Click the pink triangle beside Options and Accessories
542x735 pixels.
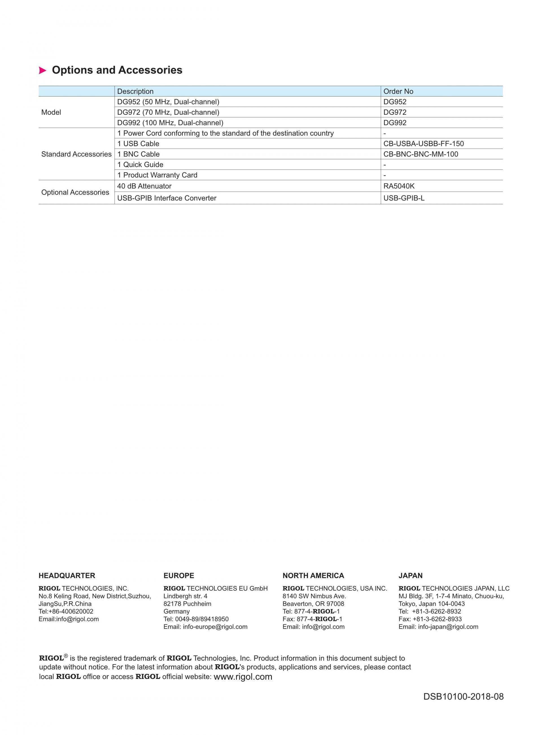42,71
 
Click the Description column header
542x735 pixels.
135,91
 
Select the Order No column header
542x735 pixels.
398,91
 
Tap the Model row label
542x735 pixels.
51,113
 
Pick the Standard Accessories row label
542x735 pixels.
76,154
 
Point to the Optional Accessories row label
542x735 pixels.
75,192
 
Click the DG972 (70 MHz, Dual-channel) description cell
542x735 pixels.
168,113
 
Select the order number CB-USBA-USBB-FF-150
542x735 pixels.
423,144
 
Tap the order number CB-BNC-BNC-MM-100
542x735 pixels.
421,154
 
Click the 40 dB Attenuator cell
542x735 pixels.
144,186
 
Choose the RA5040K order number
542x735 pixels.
399,186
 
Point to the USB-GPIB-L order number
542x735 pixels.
404,198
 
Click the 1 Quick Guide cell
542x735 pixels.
140,164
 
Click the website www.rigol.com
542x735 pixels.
243,677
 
